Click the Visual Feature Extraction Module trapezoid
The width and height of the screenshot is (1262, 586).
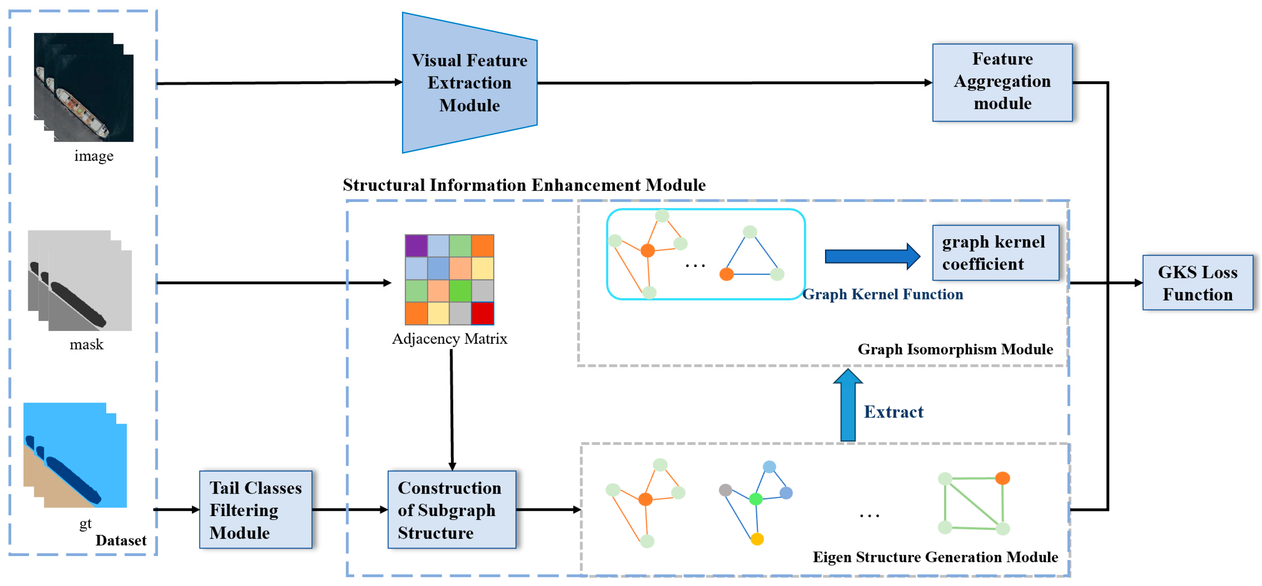pos(469,83)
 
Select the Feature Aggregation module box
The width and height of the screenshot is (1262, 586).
pos(1002,82)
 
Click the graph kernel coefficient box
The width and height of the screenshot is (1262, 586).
pos(996,253)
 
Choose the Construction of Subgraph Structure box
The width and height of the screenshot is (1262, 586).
pos(452,510)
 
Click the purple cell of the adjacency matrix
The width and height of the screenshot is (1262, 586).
pos(416,246)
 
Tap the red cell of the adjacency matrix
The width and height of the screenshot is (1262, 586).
pos(483,313)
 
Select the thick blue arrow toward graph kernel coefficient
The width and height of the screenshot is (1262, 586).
pos(873,256)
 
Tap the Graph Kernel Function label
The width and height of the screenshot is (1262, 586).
pos(882,294)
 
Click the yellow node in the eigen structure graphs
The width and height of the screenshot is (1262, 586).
pos(757,539)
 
